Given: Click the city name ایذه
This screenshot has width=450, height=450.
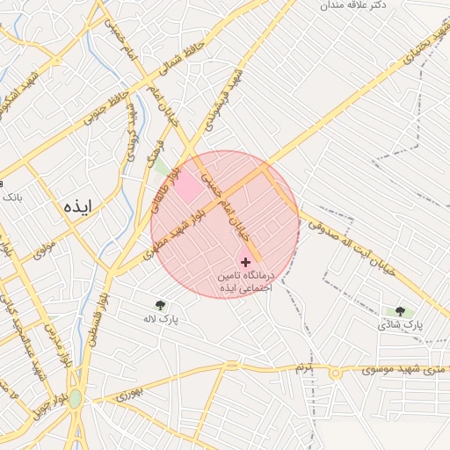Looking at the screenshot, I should click(x=77, y=207).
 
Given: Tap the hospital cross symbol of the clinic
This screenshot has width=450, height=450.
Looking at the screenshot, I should click(x=245, y=262).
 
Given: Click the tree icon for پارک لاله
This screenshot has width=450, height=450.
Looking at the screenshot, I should click(x=159, y=305).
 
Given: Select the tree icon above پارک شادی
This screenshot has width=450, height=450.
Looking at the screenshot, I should click(x=401, y=310).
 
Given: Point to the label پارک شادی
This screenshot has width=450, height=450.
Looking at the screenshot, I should click(x=401, y=324).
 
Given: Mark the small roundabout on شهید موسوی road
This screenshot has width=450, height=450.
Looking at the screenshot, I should click(x=336, y=373).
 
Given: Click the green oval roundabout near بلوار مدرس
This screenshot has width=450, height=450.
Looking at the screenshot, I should click(x=76, y=399).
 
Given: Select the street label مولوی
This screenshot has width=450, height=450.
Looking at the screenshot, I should click(x=43, y=250).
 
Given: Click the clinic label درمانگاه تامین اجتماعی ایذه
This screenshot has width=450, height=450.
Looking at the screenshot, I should click(x=245, y=281).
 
